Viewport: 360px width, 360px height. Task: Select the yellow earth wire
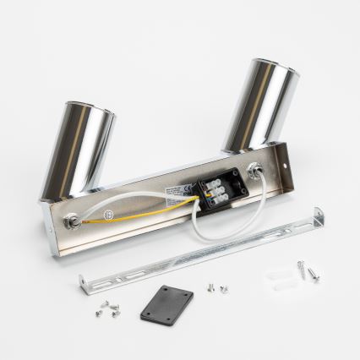click(144, 212)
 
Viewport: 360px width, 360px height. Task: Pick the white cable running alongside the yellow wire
click(135, 204)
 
